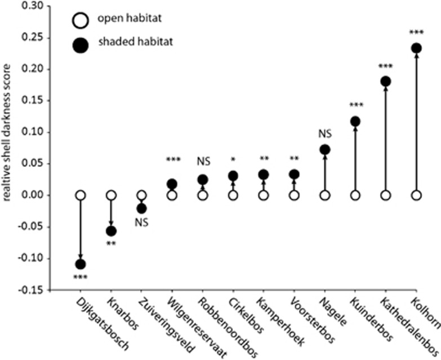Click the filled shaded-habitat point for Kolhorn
(416, 48)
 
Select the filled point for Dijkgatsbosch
(81, 264)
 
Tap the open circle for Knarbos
(111, 195)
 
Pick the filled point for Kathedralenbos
(386, 81)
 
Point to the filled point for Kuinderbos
(355, 121)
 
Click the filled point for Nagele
(324, 150)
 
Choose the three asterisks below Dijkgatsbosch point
(81, 277)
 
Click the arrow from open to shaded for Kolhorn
(416, 124)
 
